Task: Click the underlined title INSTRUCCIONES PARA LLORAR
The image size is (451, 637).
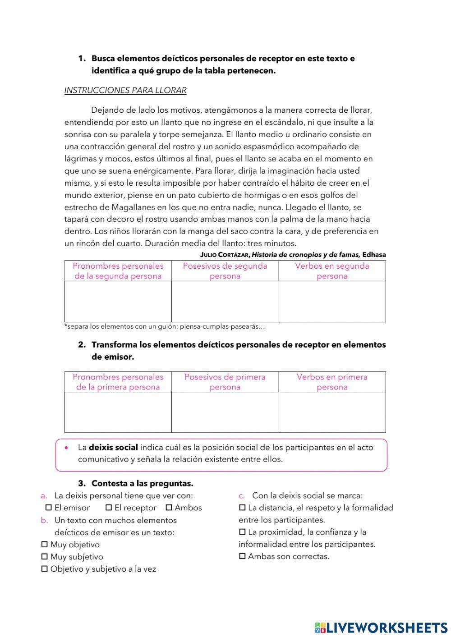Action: pyautogui.click(x=125, y=90)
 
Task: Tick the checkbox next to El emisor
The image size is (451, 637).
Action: pyautogui.click(x=48, y=508)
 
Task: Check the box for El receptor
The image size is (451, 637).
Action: pyautogui.click(x=108, y=508)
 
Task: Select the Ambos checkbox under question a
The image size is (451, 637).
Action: pyautogui.click(x=169, y=508)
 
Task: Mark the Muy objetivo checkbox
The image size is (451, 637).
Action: pyautogui.click(x=44, y=545)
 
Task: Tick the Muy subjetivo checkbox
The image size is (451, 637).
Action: pyautogui.click(x=44, y=557)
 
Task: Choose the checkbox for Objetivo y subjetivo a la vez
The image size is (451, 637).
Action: pyautogui.click(x=44, y=569)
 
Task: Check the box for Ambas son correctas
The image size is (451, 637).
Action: pyautogui.click(x=242, y=556)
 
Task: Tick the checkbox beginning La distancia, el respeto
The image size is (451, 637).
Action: pyautogui.click(x=242, y=508)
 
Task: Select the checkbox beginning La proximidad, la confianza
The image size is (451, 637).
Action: pyautogui.click(x=242, y=532)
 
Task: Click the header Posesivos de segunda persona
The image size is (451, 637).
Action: pyautogui.click(x=225, y=271)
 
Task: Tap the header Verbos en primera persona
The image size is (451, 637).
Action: pyautogui.click(x=332, y=382)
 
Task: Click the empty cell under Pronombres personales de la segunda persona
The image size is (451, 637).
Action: pyautogui.click(x=118, y=301)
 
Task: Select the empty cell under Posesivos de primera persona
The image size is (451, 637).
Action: pyautogui.click(x=225, y=412)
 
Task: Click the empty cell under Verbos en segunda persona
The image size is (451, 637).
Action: pyautogui.click(x=332, y=301)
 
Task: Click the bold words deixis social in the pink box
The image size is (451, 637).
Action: pyautogui.click(x=113, y=448)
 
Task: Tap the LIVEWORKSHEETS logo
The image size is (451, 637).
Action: pyautogui.click(x=381, y=628)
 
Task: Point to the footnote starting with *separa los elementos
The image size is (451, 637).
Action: pyautogui.click(x=165, y=326)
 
